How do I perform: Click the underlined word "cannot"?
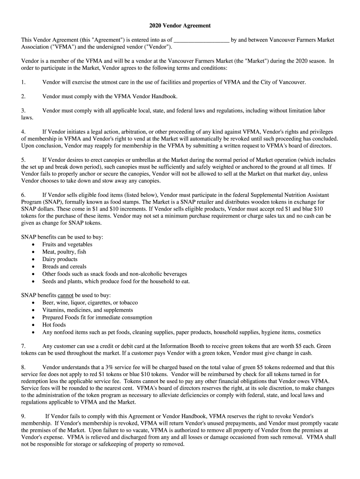point(65,295)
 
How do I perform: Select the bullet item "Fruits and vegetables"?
point(67,244)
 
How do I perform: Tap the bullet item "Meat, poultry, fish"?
point(64,252)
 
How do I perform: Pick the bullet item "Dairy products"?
point(60,259)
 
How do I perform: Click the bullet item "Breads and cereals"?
point(64,267)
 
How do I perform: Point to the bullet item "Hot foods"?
point(54,325)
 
